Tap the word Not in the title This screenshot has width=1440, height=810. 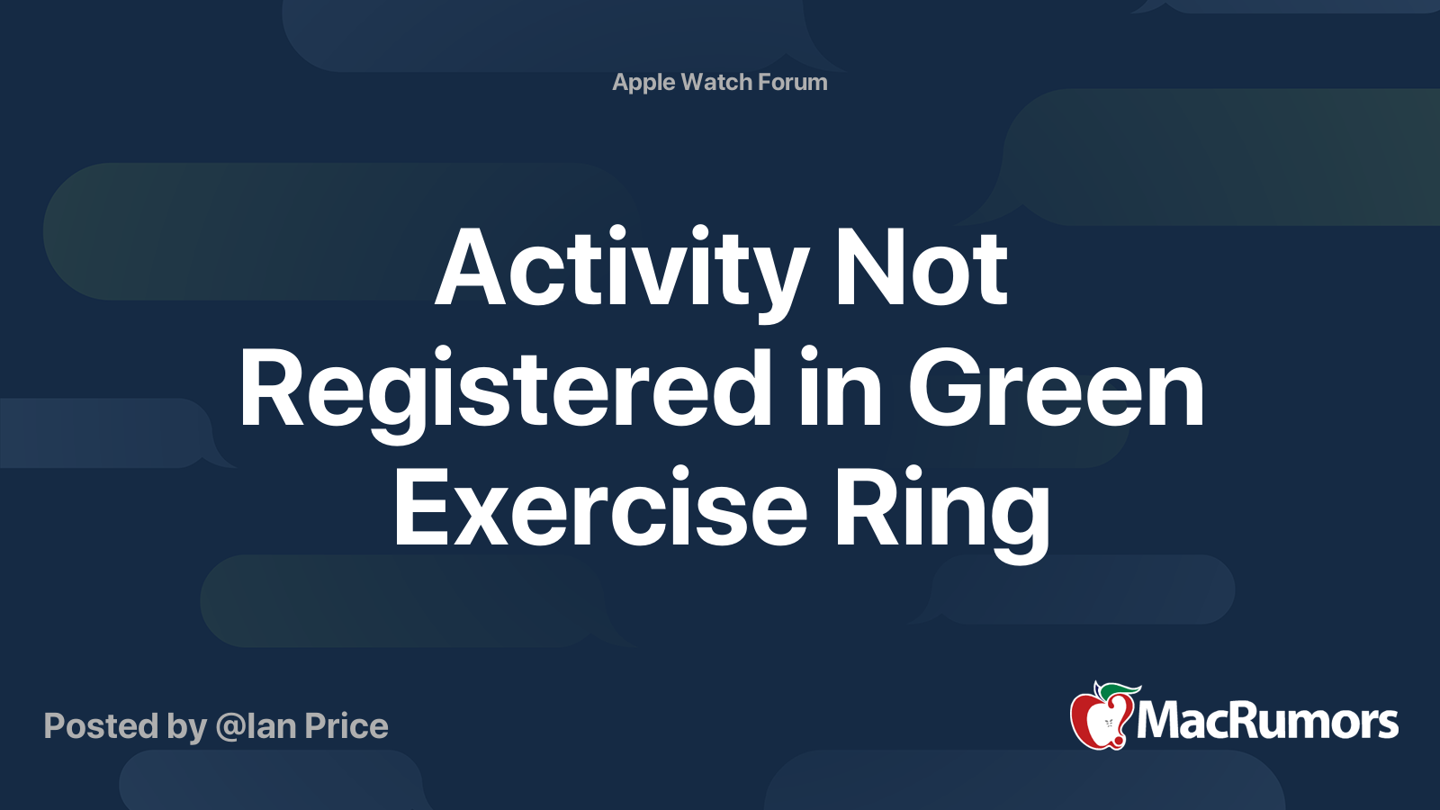coord(921,270)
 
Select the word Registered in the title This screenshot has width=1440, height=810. coord(505,391)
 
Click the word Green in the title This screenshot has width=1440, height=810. coord(1056,391)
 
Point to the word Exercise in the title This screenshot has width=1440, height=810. coord(600,510)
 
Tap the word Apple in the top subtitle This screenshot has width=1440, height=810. coord(643,83)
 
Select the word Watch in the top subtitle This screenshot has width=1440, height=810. coord(716,82)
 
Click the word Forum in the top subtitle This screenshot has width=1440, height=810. coord(793,82)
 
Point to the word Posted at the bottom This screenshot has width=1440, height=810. coord(101,726)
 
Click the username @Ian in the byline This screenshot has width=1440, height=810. coord(256,726)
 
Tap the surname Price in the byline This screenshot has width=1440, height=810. coord(346,726)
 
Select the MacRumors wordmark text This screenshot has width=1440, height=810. coord(1267,721)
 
